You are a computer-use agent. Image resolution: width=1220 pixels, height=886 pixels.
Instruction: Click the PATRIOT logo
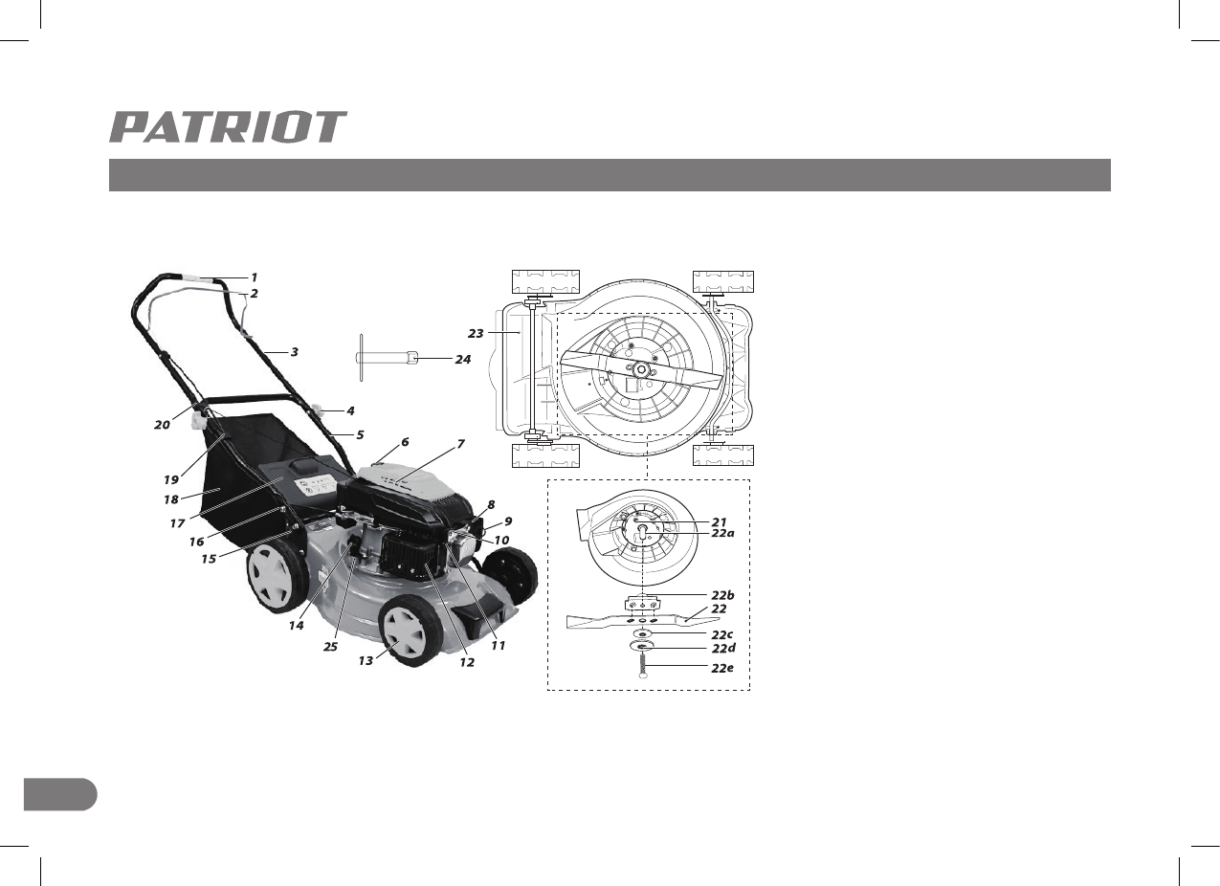[228, 127]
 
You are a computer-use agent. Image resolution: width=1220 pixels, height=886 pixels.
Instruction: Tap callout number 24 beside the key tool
[463, 360]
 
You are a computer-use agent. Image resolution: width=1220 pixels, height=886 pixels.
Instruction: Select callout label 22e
[722, 668]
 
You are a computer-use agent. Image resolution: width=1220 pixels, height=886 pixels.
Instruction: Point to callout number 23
[476, 333]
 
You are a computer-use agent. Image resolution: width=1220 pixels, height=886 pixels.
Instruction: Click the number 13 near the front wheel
[366, 660]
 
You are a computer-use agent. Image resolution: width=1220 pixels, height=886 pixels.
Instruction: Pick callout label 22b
[722, 595]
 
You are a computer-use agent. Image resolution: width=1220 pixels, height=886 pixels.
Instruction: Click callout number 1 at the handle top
[254, 277]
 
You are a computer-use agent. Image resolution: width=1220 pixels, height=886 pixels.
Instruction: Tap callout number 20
[162, 425]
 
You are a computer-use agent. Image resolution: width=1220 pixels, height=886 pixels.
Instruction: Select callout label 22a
[722, 533]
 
